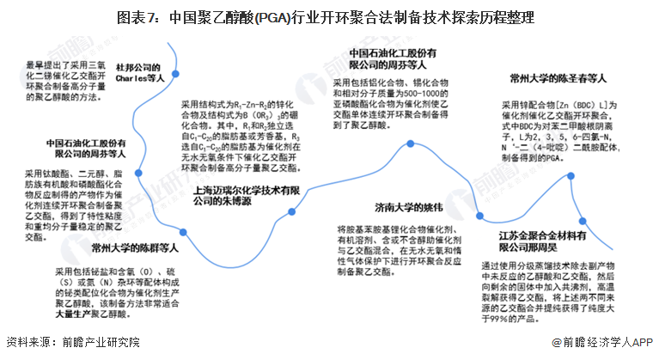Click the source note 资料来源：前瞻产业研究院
tap(72, 342)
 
